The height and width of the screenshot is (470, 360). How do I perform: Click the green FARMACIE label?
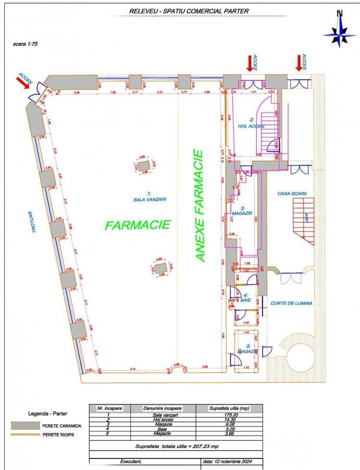(x=138, y=225)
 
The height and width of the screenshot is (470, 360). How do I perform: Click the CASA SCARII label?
(x=292, y=193)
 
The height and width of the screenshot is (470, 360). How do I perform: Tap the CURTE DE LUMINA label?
(x=292, y=304)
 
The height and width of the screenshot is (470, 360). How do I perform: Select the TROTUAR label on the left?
(x=34, y=223)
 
